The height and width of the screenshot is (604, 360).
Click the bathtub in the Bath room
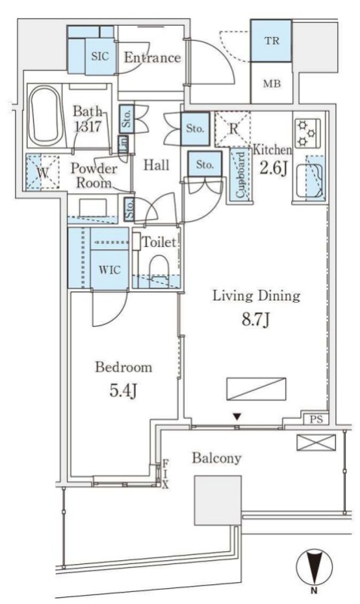click(45, 116)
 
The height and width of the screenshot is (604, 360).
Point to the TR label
click(272, 41)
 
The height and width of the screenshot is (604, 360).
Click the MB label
click(272, 84)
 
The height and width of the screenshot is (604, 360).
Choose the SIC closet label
click(100, 57)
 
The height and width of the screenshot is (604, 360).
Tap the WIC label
click(109, 270)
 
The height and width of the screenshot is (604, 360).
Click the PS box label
click(315, 420)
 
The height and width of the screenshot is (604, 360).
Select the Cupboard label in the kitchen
click(240, 175)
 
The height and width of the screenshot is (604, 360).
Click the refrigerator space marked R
click(232, 129)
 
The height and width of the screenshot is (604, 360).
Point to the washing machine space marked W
click(43, 173)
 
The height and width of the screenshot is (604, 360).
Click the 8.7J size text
click(255, 319)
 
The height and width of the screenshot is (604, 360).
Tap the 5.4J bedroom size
click(123, 390)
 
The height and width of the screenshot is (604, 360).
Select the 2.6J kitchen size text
click(273, 168)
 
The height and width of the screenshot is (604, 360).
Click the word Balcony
click(217, 458)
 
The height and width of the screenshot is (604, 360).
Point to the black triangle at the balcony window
click(237, 417)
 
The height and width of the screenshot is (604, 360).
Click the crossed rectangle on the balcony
click(316, 442)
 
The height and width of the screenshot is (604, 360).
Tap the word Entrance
click(152, 58)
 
